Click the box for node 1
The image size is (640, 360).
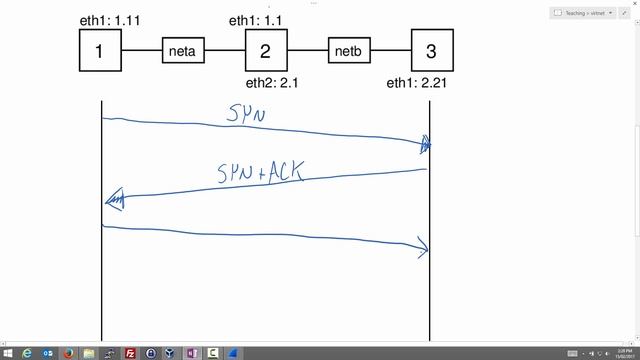click(x=100, y=50)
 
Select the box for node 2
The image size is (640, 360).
click(x=266, y=50)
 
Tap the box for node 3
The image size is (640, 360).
click(x=432, y=50)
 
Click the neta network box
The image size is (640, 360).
click(x=183, y=50)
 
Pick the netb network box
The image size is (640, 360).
click(x=349, y=50)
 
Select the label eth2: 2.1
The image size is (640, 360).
click(x=273, y=83)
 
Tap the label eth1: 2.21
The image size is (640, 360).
click(x=416, y=83)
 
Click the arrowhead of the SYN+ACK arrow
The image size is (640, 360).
click(x=113, y=201)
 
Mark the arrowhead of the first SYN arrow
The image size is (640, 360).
click(x=425, y=146)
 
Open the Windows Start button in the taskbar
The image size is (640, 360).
click(x=7, y=353)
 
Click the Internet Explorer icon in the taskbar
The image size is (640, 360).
click(x=27, y=353)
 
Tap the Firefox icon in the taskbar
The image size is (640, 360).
click(x=68, y=353)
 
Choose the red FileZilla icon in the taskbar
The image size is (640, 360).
click(x=130, y=353)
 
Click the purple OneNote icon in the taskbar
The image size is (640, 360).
click(x=192, y=353)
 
